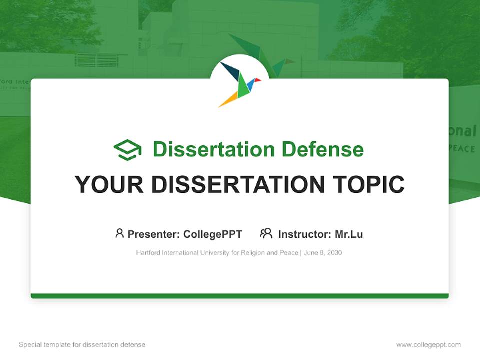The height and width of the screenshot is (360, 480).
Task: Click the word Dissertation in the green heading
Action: [x=214, y=149]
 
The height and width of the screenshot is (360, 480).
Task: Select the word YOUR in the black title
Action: [x=109, y=184]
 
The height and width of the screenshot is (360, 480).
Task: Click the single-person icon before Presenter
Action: [x=119, y=233]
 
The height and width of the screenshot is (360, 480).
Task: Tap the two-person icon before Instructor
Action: [x=266, y=233]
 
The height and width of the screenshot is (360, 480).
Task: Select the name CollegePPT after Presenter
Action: [x=213, y=234]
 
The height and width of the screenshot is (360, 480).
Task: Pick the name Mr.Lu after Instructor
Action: [x=349, y=234]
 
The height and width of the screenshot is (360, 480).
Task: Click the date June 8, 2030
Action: [x=323, y=253]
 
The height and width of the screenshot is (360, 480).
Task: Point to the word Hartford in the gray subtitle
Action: [x=148, y=253]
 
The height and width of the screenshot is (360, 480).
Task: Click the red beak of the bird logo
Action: [x=258, y=80]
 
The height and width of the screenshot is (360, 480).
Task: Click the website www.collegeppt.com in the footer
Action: [x=428, y=345]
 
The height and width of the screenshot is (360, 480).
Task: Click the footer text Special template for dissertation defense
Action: [x=82, y=345]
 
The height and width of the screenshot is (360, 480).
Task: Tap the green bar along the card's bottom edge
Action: [x=240, y=296]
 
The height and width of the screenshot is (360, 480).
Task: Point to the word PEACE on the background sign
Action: [x=463, y=148]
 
